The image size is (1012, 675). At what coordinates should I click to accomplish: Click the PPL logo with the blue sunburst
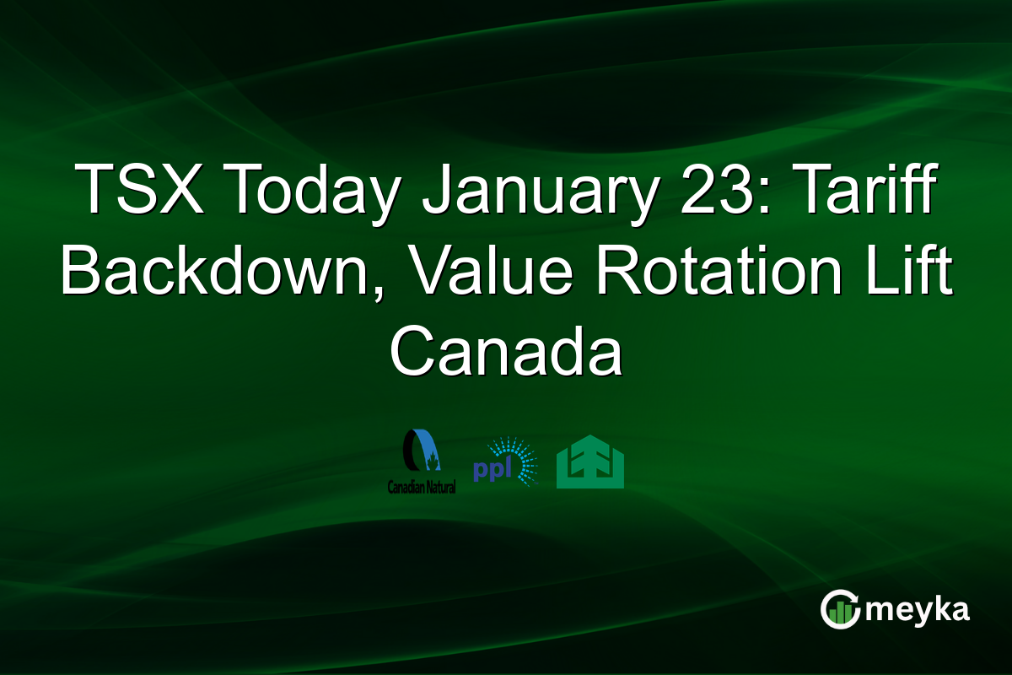tap(505, 462)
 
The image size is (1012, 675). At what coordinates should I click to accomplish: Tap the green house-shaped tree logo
tap(590, 462)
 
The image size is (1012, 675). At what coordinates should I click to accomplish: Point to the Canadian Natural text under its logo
tap(421, 488)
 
